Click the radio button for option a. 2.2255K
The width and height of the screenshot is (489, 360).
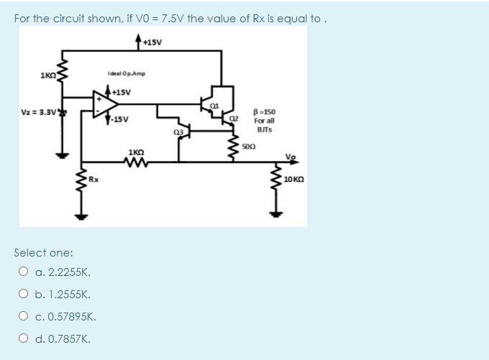pyautogui.click(x=23, y=272)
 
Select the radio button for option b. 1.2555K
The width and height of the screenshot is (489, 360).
pyautogui.click(x=23, y=295)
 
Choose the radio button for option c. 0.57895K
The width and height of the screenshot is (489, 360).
pyautogui.click(x=23, y=317)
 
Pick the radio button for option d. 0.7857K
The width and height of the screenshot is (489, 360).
pyautogui.click(x=23, y=339)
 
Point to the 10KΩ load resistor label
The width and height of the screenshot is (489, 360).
pyautogui.click(x=293, y=180)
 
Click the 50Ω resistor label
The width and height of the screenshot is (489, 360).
pyautogui.click(x=249, y=146)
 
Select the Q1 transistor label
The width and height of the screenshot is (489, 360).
pyautogui.click(x=214, y=106)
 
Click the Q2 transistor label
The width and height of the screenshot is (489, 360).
pyautogui.click(x=233, y=116)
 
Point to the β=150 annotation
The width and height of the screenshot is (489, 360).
pyautogui.click(x=265, y=113)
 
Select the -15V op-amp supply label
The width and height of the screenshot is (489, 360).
pyautogui.click(x=119, y=119)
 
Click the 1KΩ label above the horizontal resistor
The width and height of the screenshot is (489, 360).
pyautogui.click(x=136, y=152)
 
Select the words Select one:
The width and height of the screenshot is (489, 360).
pyautogui.click(x=43, y=253)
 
